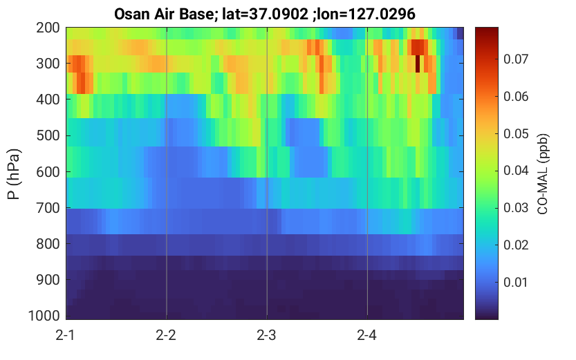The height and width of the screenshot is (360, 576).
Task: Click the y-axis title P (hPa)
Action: click(x=14, y=174)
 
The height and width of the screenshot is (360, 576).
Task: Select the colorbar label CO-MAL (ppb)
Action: click(x=543, y=173)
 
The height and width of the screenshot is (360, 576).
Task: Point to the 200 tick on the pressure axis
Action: click(x=48, y=28)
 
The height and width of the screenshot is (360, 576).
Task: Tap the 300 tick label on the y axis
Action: click(x=48, y=64)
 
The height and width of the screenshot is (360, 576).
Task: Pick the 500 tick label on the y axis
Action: click(x=48, y=135)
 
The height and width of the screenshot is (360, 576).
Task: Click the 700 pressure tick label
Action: click(x=48, y=208)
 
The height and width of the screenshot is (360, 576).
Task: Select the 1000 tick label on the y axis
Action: click(x=44, y=316)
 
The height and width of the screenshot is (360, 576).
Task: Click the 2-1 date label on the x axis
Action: click(x=66, y=335)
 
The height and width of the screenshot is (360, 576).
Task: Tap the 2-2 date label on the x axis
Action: click(x=166, y=335)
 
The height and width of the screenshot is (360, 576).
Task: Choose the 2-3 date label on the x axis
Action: click(x=266, y=335)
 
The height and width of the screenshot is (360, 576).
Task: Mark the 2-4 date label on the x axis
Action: click(x=366, y=335)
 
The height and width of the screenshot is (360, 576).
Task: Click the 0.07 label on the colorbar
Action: click(x=516, y=59)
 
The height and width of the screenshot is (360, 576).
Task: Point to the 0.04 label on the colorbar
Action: click(x=516, y=170)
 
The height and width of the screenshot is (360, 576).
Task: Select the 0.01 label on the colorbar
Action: click(x=516, y=282)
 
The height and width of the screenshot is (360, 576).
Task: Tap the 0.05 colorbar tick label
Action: click(x=516, y=133)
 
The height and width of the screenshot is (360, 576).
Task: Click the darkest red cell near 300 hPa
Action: click(x=418, y=64)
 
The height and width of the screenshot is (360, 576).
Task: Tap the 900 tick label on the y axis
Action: click(x=48, y=280)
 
